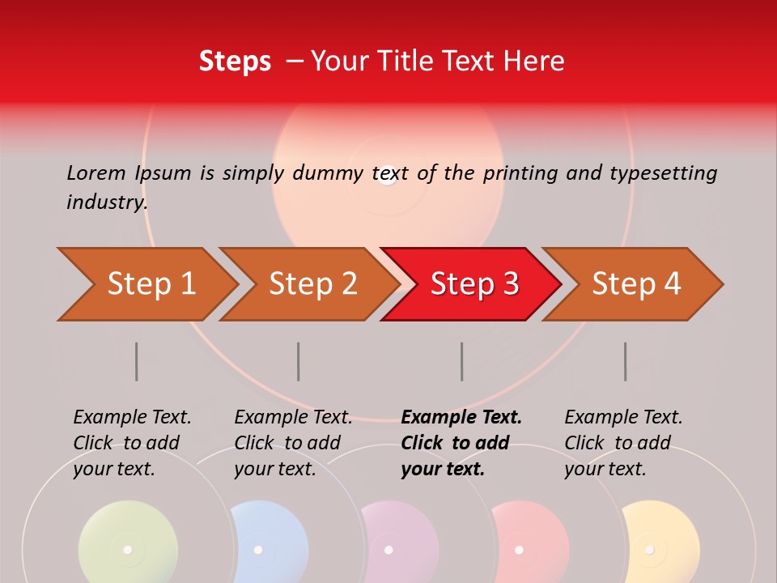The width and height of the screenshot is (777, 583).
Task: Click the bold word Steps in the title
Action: pyautogui.click(x=235, y=61)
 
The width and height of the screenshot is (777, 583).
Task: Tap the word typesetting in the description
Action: pyautogui.click(x=663, y=173)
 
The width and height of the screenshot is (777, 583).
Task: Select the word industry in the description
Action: pyautogui.click(x=106, y=202)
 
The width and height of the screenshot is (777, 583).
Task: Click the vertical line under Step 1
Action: pyautogui.click(x=137, y=361)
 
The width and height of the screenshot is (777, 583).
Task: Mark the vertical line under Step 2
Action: pyautogui.click(x=299, y=361)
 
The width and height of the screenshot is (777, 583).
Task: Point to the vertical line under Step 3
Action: pyautogui.click(x=462, y=361)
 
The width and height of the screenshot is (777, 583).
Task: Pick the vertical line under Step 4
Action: pyautogui.click(x=625, y=361)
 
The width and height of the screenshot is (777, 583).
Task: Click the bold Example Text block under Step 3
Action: pyautogui.click(x=461, y=443)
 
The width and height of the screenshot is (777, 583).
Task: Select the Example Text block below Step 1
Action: pyautogui.click(x=132, y=443)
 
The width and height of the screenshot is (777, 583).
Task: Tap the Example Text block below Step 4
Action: pyautogui.click(x=623, y=443)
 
